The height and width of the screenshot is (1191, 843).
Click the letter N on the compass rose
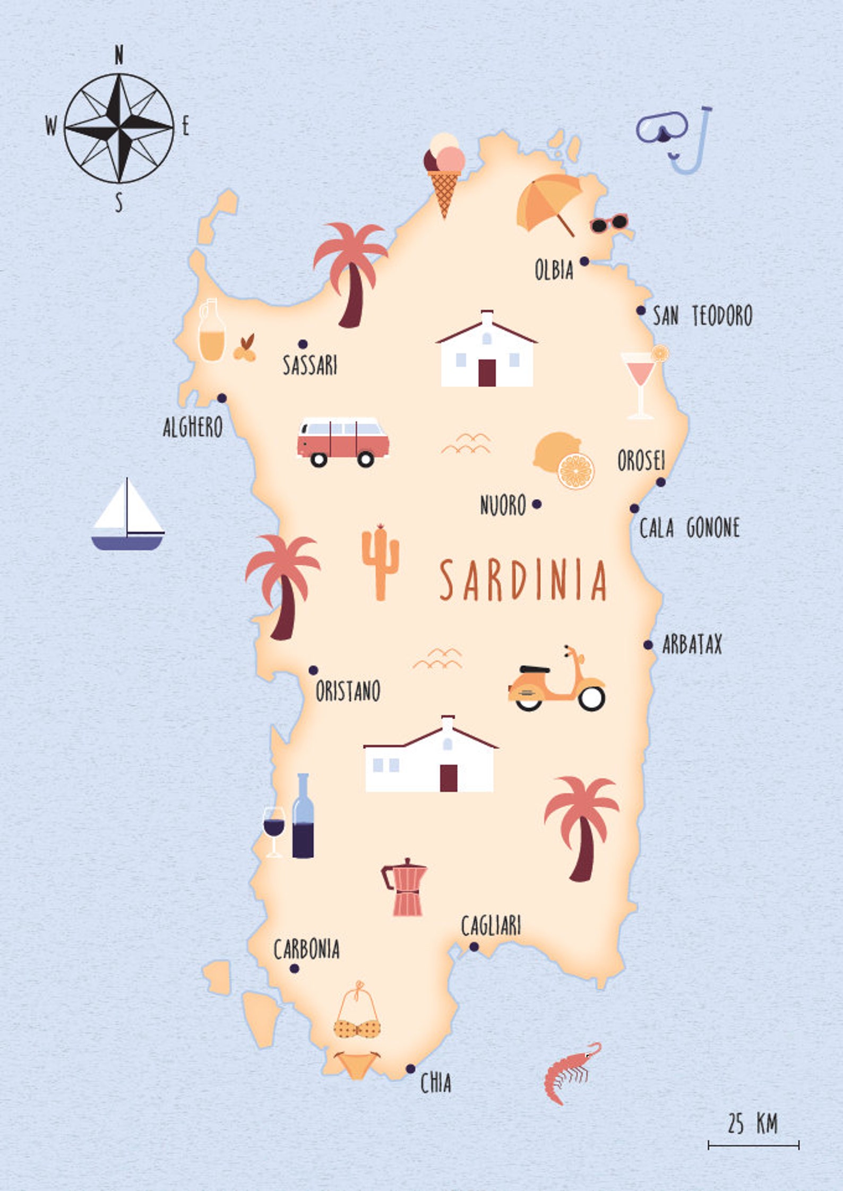(x=119, y=55)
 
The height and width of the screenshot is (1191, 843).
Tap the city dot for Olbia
(x=584, y=261)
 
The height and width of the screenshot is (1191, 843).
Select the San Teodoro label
(x=702, y=316)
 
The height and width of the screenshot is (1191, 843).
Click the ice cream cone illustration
(x=444, y=172)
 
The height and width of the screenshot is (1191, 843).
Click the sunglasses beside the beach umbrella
(x=609, y=223)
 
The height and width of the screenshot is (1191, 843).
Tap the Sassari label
(x=309, y=365)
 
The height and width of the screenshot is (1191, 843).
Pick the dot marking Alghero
(x=222, y=398)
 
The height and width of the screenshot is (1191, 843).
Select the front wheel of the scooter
(x=591, y=698)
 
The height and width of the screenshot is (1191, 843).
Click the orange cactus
(x=380, y=562)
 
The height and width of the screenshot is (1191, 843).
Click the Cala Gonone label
(x=689, y=528)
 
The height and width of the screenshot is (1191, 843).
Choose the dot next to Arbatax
(x=648, y=645)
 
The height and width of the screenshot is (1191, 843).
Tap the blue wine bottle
(x=303, y=817)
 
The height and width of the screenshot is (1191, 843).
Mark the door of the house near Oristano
(x=449, y=778)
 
